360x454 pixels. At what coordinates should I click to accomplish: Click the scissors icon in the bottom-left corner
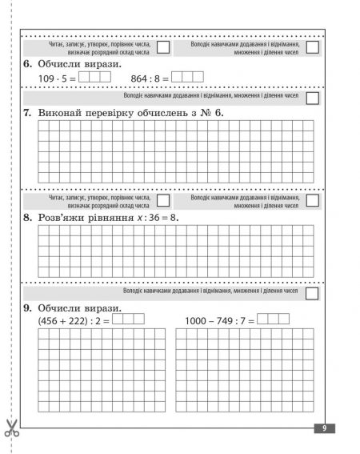point(11,428)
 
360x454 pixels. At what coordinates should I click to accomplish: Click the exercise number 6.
point(27,63)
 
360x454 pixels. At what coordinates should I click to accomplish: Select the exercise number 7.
point(27,113)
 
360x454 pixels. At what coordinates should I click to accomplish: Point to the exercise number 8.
point(27,216)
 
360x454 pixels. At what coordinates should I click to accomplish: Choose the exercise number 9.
point(27,307)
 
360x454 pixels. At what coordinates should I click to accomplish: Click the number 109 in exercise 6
point(49,78)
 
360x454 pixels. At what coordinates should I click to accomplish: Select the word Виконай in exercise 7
point(60,113)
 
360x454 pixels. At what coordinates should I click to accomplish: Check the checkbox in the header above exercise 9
point(313,292)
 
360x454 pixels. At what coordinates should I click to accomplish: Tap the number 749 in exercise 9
point(230,319)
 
